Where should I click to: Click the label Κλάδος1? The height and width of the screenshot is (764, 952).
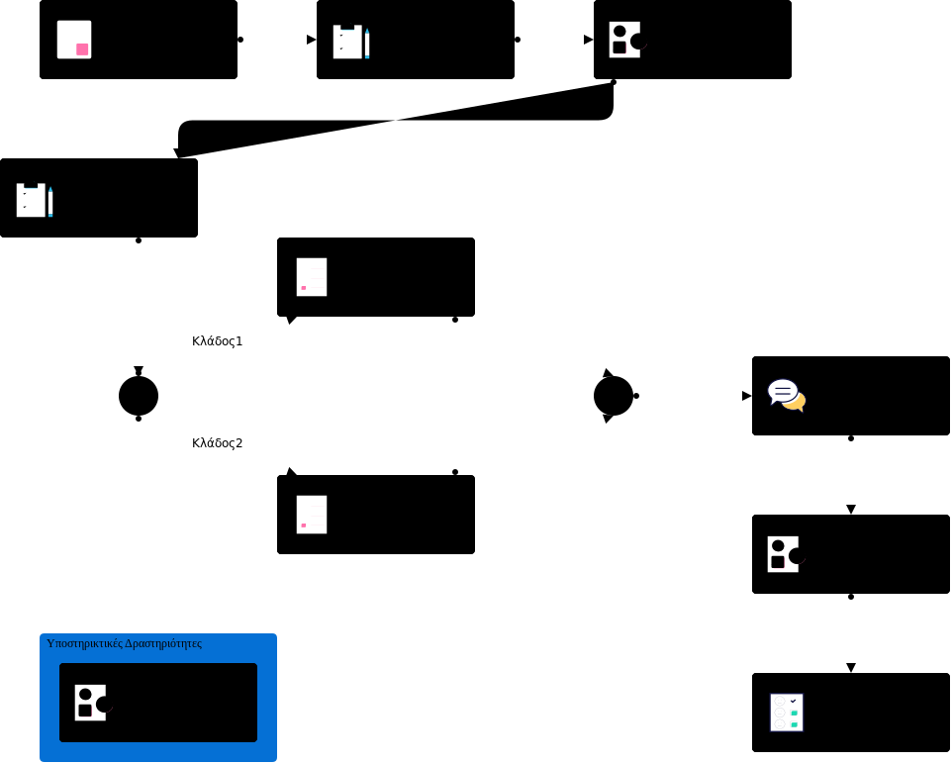tap(217, 341)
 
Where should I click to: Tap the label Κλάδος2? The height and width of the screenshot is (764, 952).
tap(217, 443)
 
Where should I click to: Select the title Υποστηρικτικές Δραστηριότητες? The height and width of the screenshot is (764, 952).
tap(124, 643)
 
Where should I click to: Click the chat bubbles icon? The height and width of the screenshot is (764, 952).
tap(787, 395)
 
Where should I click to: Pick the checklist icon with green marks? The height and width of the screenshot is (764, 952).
tap(787, 713)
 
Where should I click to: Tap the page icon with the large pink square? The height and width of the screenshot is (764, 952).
tap(74, 40)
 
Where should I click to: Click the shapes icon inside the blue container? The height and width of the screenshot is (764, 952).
tap(92, 703)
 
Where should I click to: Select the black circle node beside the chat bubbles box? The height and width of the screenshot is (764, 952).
tap(614, 396)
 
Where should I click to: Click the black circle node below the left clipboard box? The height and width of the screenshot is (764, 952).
tap(139, 396)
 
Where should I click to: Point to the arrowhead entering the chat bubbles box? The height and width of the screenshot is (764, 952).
tap(747, 396)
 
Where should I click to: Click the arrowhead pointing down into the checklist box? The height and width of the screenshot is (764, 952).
tap(851, 668)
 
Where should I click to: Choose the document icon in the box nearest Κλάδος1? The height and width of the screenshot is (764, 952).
tap(312, 277)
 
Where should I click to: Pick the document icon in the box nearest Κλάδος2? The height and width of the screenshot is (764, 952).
tap(312, 515)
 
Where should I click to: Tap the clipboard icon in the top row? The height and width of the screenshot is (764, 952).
tap(350, 42)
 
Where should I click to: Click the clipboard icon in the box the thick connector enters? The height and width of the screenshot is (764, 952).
tap(34, 200)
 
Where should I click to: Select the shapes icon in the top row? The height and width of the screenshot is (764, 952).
tap(626, 40)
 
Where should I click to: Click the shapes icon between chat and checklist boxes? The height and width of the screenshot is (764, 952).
tap(785, 554)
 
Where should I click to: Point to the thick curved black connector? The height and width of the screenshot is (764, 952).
tap(396, 121)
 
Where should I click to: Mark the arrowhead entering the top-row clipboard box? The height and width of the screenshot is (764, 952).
tap(311, 40)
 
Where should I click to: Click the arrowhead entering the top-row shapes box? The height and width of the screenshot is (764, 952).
tap(588, 40)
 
